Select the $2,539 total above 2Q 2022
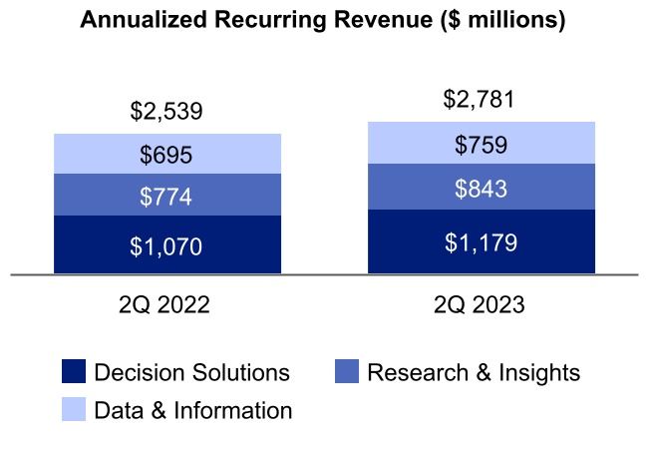[x=166, y=111]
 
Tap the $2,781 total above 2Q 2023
[x=482, y=99]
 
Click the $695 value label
[x=166, y=155]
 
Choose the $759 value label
[x=482, y=145]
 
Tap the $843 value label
[x=482, y=189]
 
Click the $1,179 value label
[x=482, y=241]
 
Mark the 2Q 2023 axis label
[x=482, y=305]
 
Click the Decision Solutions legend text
[x=191, y=373]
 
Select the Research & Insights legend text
[x=474, y=373]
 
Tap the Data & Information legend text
[x=192, y=410]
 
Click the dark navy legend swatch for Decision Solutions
[x=74, y=373]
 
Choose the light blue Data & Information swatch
[x=74, y=410]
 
